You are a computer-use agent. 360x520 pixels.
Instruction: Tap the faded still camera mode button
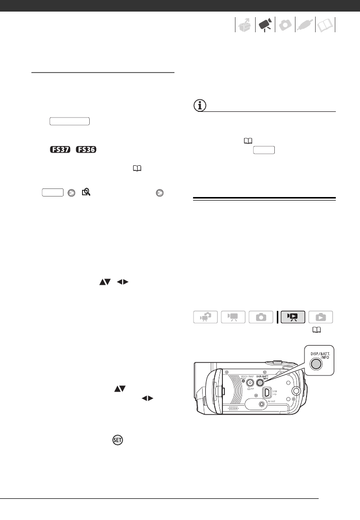pyautogui.click(x=261, y=317)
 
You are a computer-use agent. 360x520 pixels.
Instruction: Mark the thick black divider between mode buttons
pyautogui.click(x=276, y=317)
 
